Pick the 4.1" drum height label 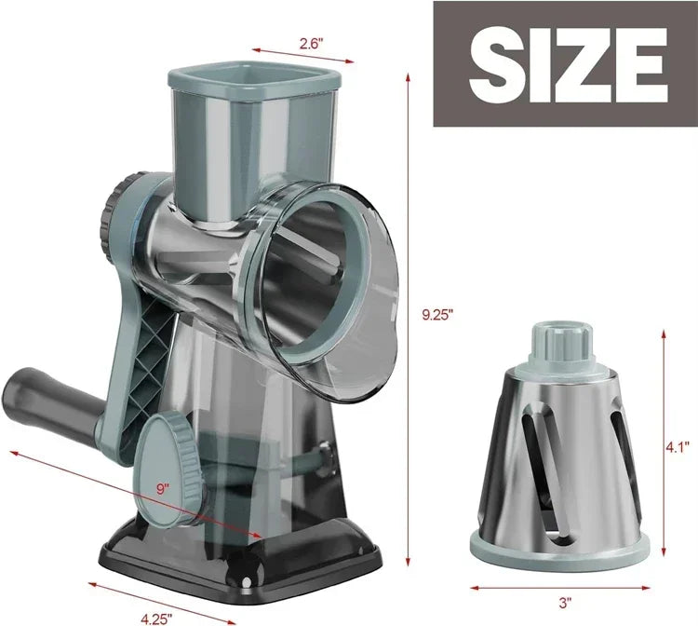[x=678, y=446]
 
